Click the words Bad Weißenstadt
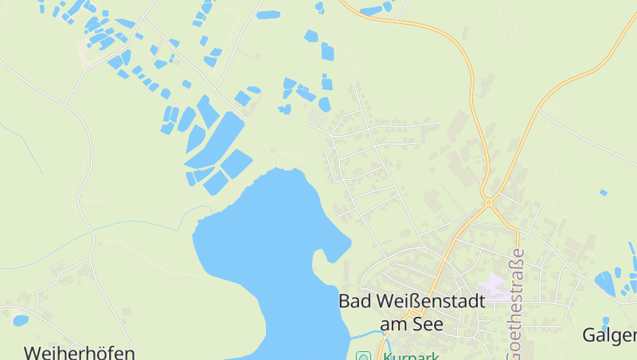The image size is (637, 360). (401, 302)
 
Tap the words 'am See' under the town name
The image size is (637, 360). (411, 324)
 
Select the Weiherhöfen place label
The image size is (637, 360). (79, 352)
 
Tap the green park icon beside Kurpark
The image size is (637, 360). (363, 356)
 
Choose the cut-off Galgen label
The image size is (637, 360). (610, 335)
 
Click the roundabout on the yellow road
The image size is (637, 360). (487, 202)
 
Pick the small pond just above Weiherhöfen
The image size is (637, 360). (21, 320)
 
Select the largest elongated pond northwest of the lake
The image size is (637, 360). (219, 139)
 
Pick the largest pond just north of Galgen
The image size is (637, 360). (605, 283)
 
